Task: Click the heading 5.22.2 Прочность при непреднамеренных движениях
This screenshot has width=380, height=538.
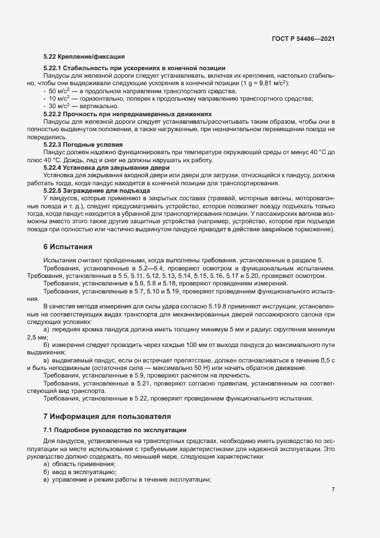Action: point(127,114)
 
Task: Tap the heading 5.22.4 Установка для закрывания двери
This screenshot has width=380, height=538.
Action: point(99,167)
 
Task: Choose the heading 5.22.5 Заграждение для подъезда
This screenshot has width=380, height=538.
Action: point(97,190)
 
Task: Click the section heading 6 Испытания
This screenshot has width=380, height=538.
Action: point(68,247)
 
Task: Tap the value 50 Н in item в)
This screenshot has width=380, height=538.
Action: point(196,368)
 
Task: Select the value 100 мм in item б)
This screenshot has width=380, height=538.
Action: point(170,344)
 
